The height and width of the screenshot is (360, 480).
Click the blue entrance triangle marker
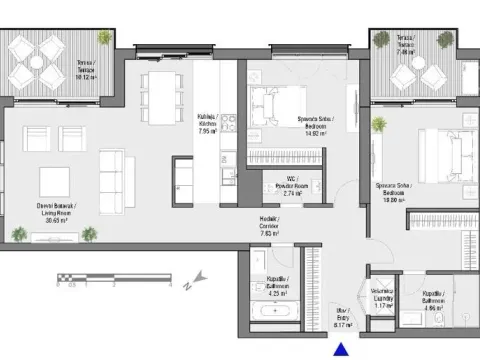[341, 350]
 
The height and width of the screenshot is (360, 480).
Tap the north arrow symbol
[198, 277]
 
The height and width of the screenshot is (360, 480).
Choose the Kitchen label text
[208, 124]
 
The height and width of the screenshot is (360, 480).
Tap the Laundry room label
[382, 299]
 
